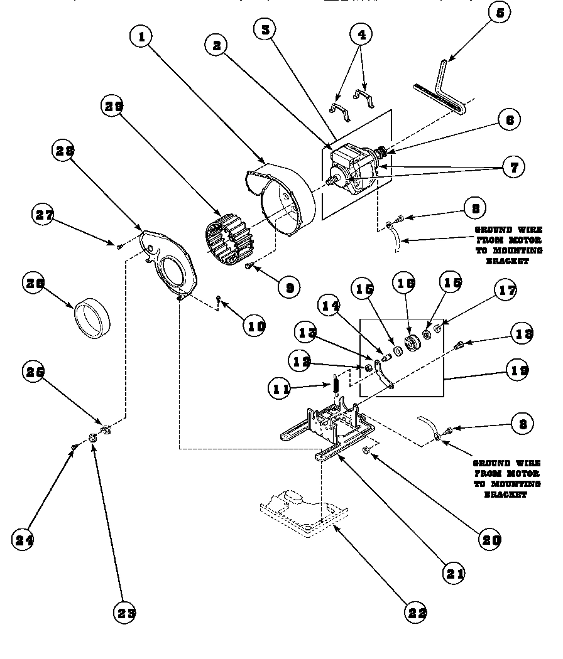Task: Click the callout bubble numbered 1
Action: click(142, 37)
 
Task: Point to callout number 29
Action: click(112, 107)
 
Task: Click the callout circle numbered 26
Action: click(34, 283)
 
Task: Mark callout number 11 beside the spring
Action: click(280, 388)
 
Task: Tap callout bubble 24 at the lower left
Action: click(24, 539)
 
